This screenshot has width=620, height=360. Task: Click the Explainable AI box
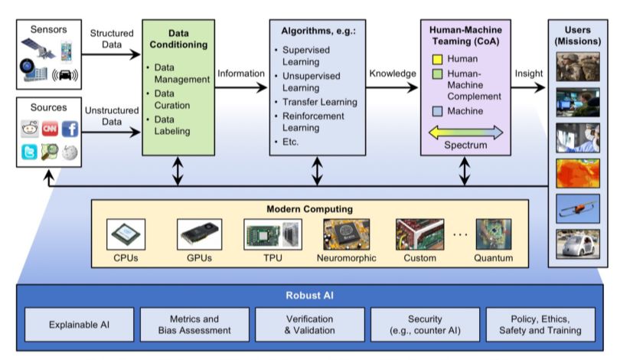80,324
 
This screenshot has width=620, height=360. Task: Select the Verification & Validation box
309,324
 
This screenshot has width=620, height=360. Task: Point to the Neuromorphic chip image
345,234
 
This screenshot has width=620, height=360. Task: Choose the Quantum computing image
494,234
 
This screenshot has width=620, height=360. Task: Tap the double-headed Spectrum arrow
465,132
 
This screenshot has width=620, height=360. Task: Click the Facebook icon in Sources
70,129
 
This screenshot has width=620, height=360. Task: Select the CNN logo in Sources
50,129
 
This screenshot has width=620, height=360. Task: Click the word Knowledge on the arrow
393,74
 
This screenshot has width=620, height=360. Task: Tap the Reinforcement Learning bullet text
312,122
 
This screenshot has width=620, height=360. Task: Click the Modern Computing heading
309,209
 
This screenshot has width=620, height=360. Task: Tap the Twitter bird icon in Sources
30,152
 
